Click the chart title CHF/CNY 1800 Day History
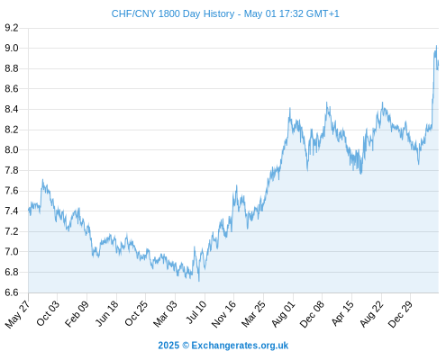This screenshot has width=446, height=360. (x=173, y=13)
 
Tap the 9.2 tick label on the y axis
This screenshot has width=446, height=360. (x=12, y=28)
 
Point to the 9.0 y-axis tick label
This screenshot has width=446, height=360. (x=12, y=48)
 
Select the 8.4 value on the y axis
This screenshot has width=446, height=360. (x=12, y=109)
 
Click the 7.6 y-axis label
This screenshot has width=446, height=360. (x=12, y=191)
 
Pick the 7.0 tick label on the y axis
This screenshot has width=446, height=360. (x=12, y=252)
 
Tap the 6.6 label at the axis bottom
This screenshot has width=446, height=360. (x=12, y=292)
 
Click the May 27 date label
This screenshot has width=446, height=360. (x=17, y=314)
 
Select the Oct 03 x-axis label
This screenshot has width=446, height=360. (x=48, y=313)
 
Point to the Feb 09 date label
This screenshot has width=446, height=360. (x=77, y=314)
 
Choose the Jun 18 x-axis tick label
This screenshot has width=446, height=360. (x=106, y=313)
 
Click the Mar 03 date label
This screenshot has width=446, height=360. (x=165, y=314)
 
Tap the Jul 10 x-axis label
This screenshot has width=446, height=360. (x=196, y=312)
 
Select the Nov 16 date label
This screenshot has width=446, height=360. (x=223, y=314)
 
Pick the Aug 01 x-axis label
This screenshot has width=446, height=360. (x=283, y=314)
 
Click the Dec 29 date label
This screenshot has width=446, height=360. (x=400, y=314)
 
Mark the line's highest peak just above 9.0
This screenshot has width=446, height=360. (x=436, y=46)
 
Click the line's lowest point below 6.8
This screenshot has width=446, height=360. (x=199, y=281)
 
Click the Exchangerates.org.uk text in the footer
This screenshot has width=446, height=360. (x=240, y=346)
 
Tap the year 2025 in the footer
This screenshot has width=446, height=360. (x=168, y=346)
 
